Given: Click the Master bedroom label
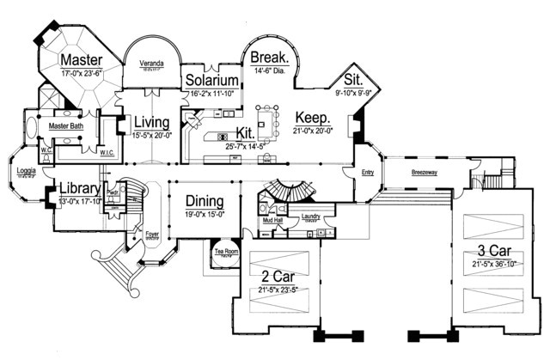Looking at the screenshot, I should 82,60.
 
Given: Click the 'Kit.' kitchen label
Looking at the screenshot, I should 245,134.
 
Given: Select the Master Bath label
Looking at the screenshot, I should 64,126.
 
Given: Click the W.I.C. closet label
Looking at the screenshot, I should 107,154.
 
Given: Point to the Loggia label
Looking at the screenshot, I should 26,170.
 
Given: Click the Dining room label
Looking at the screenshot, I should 205,202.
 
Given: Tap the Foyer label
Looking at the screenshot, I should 151,232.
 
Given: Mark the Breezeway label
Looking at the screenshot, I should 423,172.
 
